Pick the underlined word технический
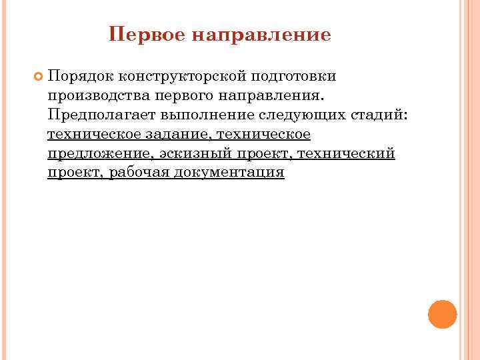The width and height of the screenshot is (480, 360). coord(347,154)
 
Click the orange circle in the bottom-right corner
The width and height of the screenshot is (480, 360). coord(442,313)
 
